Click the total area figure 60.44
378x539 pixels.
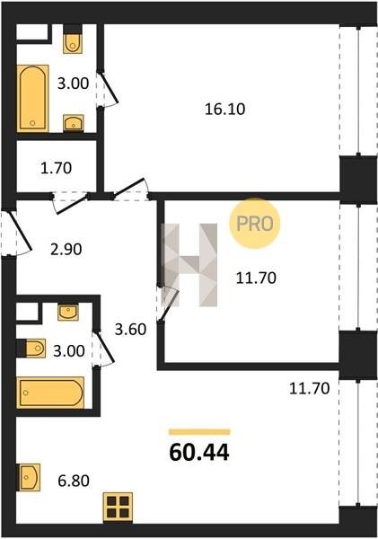coord(199,452)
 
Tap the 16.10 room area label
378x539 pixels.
coord(225,109)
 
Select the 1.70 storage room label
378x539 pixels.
coord(56,168)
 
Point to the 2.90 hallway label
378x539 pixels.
coord(66,249)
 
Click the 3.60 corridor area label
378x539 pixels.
coord(130,330)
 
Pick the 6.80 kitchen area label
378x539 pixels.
coord(74,481)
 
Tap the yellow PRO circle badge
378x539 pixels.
coord(255,224)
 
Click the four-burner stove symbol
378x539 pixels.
coord(118,508)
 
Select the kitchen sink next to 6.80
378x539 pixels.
coord(29,477)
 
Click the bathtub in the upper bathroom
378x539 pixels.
coord(32,98)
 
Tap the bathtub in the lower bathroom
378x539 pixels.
coord(50,393)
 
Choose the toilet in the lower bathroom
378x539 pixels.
coord(31,349)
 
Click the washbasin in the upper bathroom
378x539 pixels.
coord(74,123)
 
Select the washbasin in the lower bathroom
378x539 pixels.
coord(68,312)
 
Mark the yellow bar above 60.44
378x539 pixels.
coord(199,432)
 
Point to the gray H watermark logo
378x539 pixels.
coord(189,265)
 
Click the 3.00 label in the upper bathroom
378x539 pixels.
coord(73,84)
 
